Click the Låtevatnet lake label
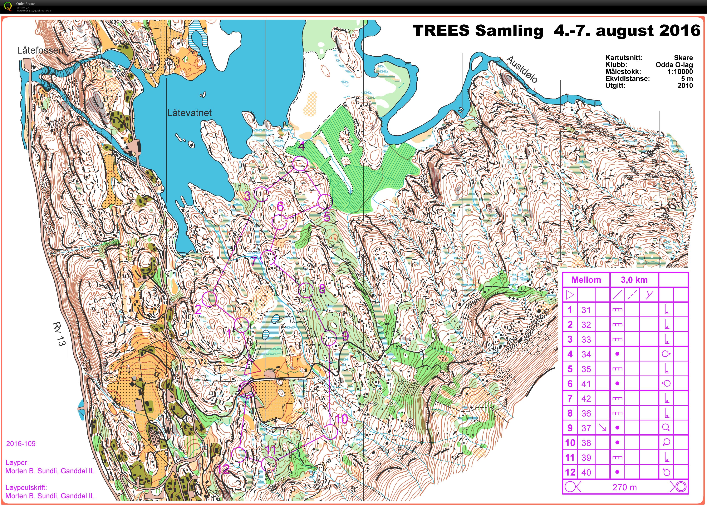pos(189,113)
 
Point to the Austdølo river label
pos(521,69)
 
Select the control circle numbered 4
pos(300,164)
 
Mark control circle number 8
pos(306,290)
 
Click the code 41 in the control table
pos(586,384)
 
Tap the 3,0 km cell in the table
pos(634,280)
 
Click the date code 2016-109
pos(21,443)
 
